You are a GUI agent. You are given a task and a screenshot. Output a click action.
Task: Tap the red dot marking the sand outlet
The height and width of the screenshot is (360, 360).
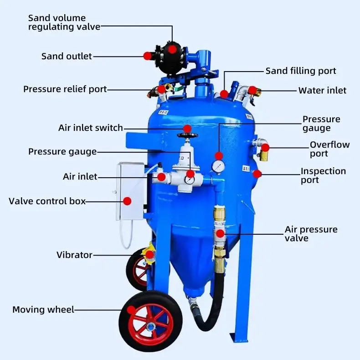[x=147, y=56]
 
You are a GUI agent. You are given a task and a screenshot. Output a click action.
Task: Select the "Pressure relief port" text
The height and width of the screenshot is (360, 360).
[x=65, y=89]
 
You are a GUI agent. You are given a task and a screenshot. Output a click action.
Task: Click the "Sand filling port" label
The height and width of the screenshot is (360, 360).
[x=301, y=71]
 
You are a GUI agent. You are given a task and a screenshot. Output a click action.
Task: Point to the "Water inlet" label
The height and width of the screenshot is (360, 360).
[x=322, y=90]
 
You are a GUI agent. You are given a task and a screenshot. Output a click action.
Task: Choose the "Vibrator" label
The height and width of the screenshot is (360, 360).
[x=74, y=255]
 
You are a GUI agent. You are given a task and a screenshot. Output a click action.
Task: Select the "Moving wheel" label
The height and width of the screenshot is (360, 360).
[x=43, y=310]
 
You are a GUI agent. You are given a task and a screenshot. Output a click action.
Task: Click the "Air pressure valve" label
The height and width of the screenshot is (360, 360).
[x=311, y=233]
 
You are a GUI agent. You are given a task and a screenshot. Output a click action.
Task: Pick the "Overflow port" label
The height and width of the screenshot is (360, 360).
[x=329, y=149]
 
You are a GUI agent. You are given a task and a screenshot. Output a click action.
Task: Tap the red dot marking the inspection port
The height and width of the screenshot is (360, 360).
[x=257, y=173]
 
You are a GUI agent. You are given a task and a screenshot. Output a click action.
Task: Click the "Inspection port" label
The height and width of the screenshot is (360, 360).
[x=323, y=175]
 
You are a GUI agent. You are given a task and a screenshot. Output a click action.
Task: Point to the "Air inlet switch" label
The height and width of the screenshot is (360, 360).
[x=91, y=128]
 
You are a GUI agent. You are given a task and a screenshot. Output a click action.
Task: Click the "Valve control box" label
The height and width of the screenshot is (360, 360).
[x=47, y=201]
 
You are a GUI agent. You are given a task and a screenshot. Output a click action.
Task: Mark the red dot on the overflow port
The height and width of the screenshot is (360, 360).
[x=265, y=147]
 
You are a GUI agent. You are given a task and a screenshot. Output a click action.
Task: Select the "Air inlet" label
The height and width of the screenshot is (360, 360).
[x=80, y=176]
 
